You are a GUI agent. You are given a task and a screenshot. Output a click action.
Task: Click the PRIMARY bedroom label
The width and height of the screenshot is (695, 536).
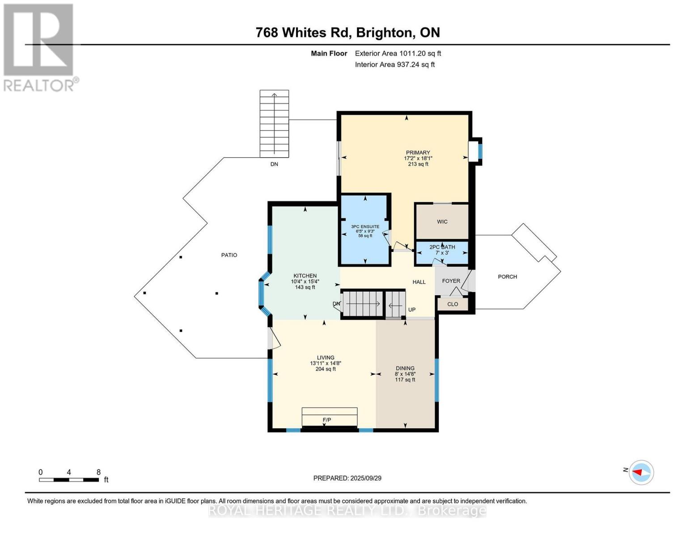click(x=418, y=152)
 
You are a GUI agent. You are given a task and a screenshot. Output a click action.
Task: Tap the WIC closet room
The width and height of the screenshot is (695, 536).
click(x=442, y=222)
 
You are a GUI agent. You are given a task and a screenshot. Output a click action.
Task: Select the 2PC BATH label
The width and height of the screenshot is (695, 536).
click(x=442, y=247)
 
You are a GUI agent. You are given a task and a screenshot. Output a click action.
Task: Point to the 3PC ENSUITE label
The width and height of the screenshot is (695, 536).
click(x=365, y=226)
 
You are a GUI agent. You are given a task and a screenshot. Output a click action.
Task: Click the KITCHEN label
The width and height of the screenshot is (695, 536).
click(x=305, y=276)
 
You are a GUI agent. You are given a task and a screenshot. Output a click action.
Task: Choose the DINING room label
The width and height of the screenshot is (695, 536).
click(x=405, y=368)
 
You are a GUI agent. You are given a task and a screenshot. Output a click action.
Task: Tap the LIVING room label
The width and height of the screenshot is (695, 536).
click(x=326, y=358)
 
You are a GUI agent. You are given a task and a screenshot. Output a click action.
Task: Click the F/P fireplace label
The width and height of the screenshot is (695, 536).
click(x=326, y=420)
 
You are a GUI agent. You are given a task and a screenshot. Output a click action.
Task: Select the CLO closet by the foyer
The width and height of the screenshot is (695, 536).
click(x=453, y=304)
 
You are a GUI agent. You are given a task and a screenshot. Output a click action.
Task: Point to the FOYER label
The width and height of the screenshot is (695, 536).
click(x=451, y=281)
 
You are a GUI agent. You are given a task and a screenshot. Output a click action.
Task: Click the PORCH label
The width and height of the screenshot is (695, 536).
click(x=507, y=276)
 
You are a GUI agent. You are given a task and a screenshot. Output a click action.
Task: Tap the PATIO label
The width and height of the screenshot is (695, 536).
click(x=229, y=255)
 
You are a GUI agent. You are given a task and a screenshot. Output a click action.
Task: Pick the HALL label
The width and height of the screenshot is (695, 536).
click(x=419, y=282)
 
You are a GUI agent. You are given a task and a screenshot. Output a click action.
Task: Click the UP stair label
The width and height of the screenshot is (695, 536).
click(x=411, y=310)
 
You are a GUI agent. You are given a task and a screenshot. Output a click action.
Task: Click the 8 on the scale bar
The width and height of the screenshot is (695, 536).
click(x=98, y=472)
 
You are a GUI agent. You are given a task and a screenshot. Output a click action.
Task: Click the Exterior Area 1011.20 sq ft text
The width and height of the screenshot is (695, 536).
click(x=398, y=53)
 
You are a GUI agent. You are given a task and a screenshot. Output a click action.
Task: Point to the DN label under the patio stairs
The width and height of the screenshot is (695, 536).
click(x=274, y=164)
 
